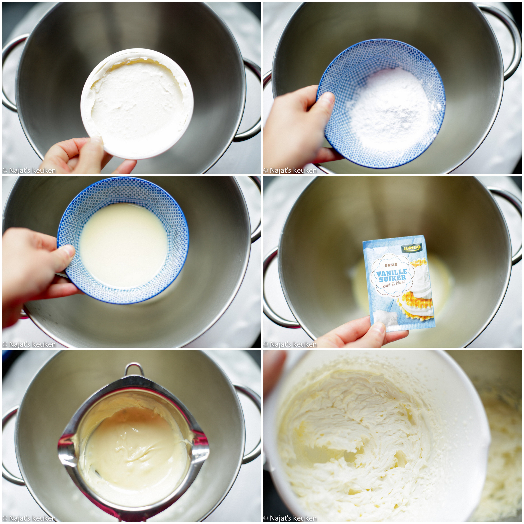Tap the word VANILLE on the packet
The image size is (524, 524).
[392, 272]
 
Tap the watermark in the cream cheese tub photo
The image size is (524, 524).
[29, 170]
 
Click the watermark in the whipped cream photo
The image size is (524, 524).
[290, 518]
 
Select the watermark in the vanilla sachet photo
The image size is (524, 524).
[290, 344]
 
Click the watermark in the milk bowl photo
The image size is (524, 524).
[29, 344]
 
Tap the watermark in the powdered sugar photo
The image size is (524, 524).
[290, 170]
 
